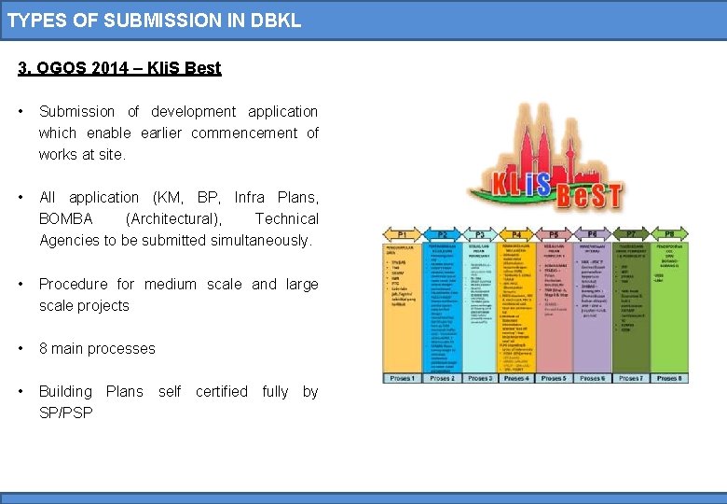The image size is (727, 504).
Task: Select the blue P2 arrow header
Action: pos(442,234)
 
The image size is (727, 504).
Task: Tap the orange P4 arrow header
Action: pos(516,234)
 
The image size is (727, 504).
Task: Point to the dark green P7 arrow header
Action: pos(631,234)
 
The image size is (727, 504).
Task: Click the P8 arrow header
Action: pos(668,234)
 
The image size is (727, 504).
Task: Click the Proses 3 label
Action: pos(479,378)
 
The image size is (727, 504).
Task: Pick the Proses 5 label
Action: pos(554,378)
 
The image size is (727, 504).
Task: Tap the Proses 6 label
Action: pos(592,378)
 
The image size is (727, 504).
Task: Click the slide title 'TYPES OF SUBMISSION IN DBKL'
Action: pos(155,20)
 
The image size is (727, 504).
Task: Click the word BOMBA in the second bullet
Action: pos(65,218)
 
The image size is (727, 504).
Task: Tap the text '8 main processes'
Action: pos(97,348)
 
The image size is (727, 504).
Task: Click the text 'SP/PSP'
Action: pos(65,413)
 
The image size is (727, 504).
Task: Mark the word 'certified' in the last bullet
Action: pos(222,391)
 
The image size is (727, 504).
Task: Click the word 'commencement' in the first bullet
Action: pos(245,133)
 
